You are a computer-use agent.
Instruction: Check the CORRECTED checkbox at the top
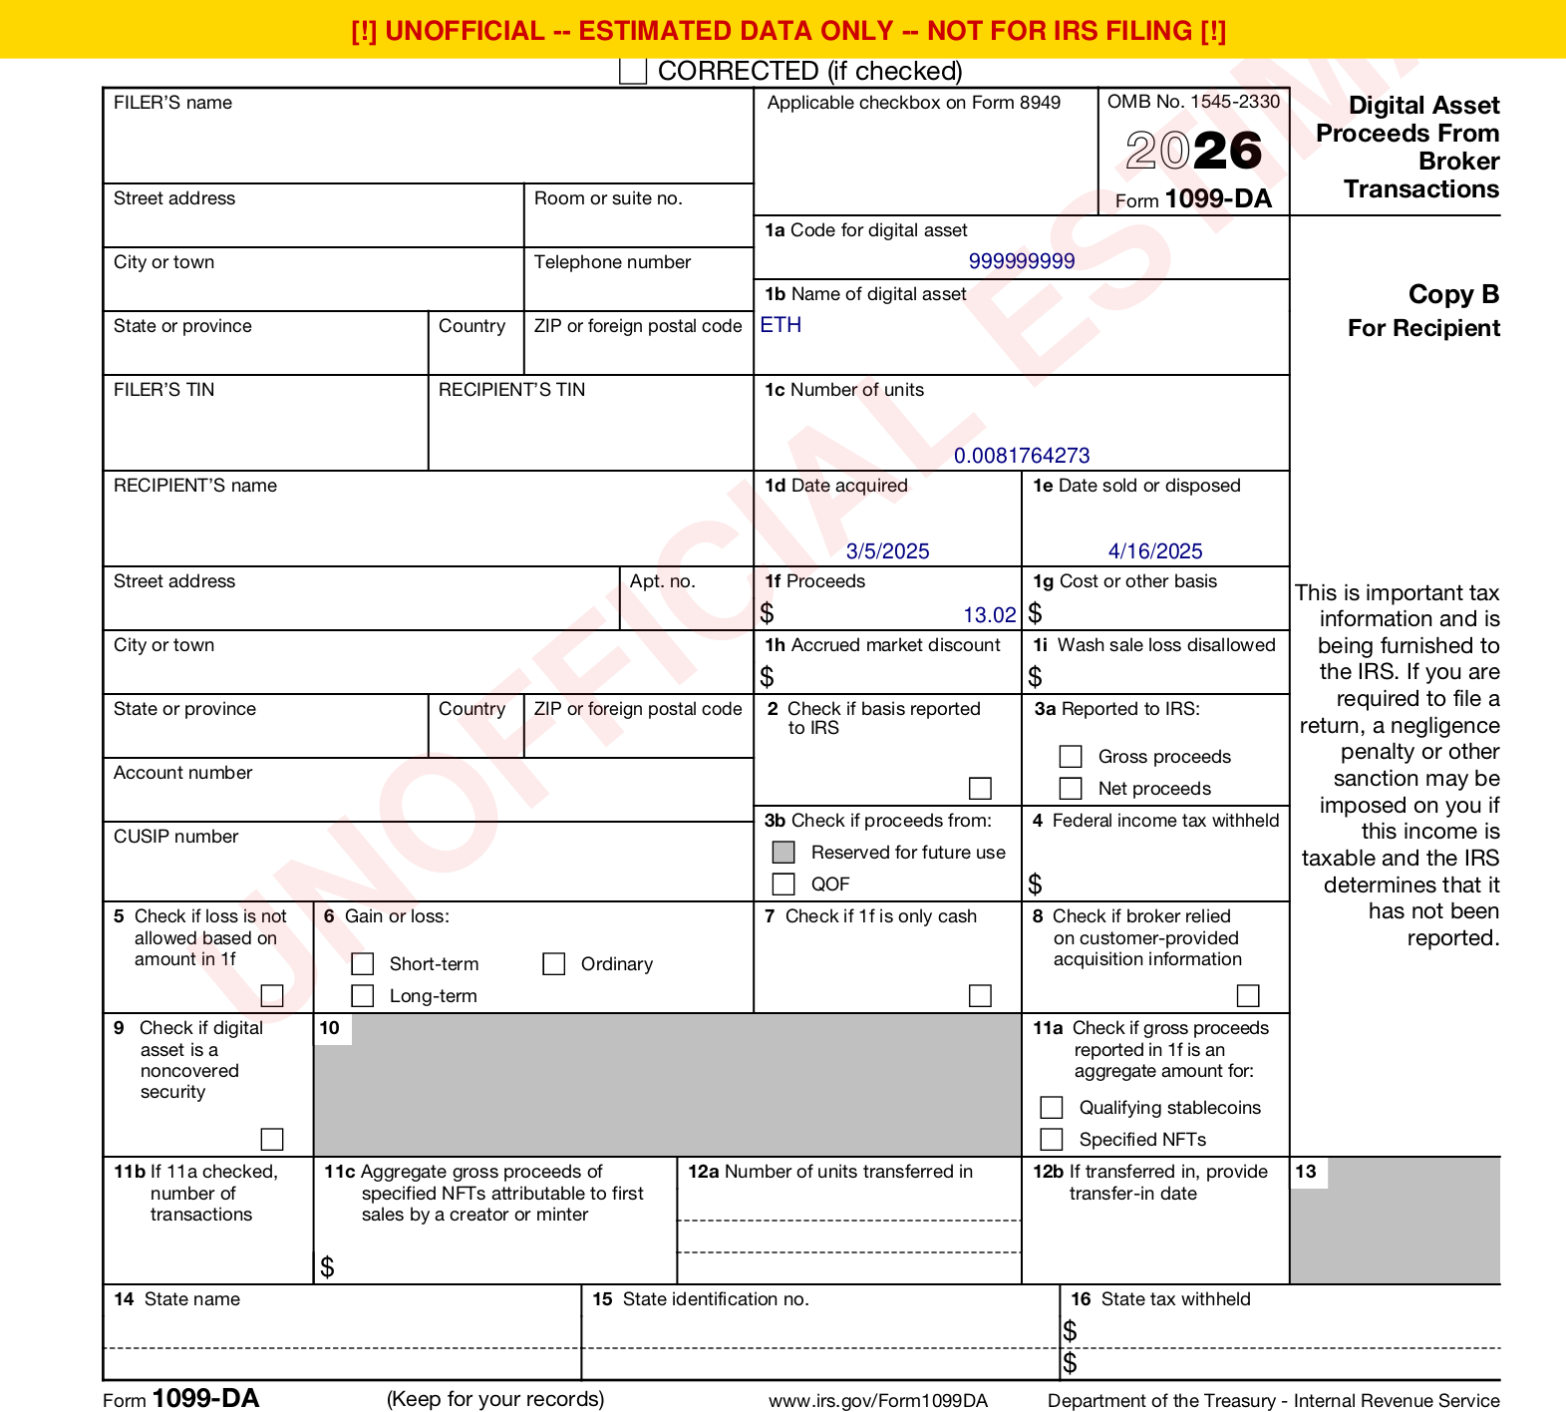[633, 71]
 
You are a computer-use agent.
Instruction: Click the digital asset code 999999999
[1022, 261]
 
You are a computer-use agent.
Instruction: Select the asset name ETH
[781, 325]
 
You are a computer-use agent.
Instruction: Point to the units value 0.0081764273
[1022, 456]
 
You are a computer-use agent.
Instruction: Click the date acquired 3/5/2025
[887, 551]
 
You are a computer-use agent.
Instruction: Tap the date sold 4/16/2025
[1155, 551]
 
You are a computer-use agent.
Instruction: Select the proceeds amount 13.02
[989, 615]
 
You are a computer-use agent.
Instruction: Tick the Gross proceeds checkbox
[1071, 757]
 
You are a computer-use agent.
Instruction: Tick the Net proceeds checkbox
[1071, 789]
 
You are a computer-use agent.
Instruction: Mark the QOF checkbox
[783, 884]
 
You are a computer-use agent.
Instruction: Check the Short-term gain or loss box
[363, 964]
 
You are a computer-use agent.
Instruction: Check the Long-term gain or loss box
[363, 996]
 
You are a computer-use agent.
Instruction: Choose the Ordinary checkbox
[554, 964]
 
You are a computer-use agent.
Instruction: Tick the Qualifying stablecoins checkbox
[1052, 1108]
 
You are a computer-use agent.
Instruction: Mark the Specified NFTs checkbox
[1052, 1140]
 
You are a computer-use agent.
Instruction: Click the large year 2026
[1194, 152]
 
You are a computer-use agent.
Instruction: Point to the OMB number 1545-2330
[1235, 102]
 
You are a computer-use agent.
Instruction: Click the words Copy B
[1453, 295]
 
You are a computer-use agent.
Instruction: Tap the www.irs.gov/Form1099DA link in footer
[877, 1401]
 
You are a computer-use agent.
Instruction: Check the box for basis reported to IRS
[981, 789]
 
